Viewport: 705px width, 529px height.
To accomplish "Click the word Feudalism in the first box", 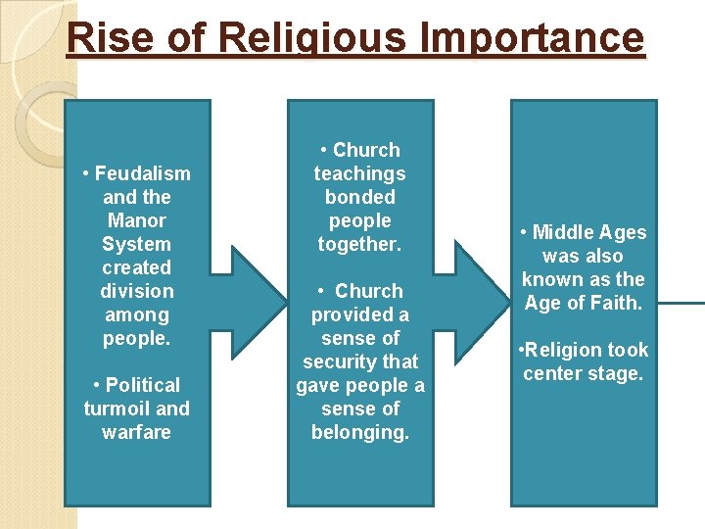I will click(143, 173).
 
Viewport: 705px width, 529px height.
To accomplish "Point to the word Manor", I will click(136, 220).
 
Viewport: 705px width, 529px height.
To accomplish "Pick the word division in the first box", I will click(136, 291).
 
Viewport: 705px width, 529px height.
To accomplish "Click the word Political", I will click(143, 385).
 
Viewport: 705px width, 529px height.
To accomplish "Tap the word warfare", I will click(136, 432).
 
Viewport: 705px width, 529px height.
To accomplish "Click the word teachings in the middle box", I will click(359, 173).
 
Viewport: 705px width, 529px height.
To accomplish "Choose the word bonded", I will click(359, 197).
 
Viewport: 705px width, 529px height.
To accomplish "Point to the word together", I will click(359, 244).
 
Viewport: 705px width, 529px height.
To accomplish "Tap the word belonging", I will click(359, 432).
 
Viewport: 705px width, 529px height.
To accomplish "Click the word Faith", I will click(616, 303).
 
